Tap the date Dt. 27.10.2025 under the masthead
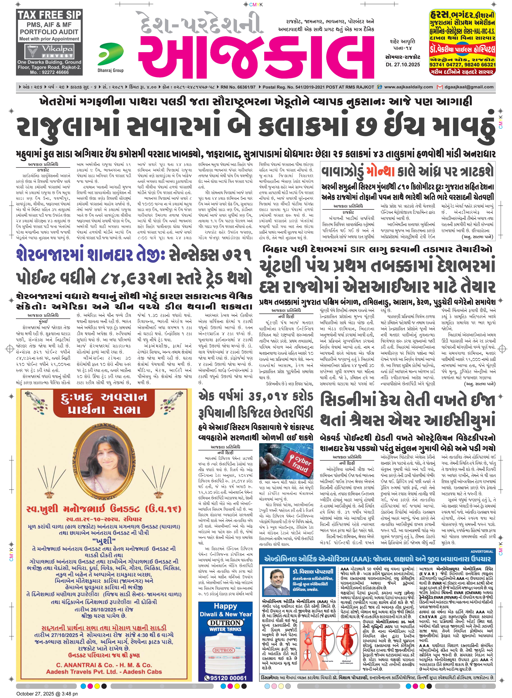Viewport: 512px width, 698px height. pyautogui.click(x=403, y=65)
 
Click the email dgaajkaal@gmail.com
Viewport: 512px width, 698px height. pyautogui.click(x=469, y=87)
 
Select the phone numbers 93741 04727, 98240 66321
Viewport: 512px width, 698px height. pyautogui.click(x=462, y=65)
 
